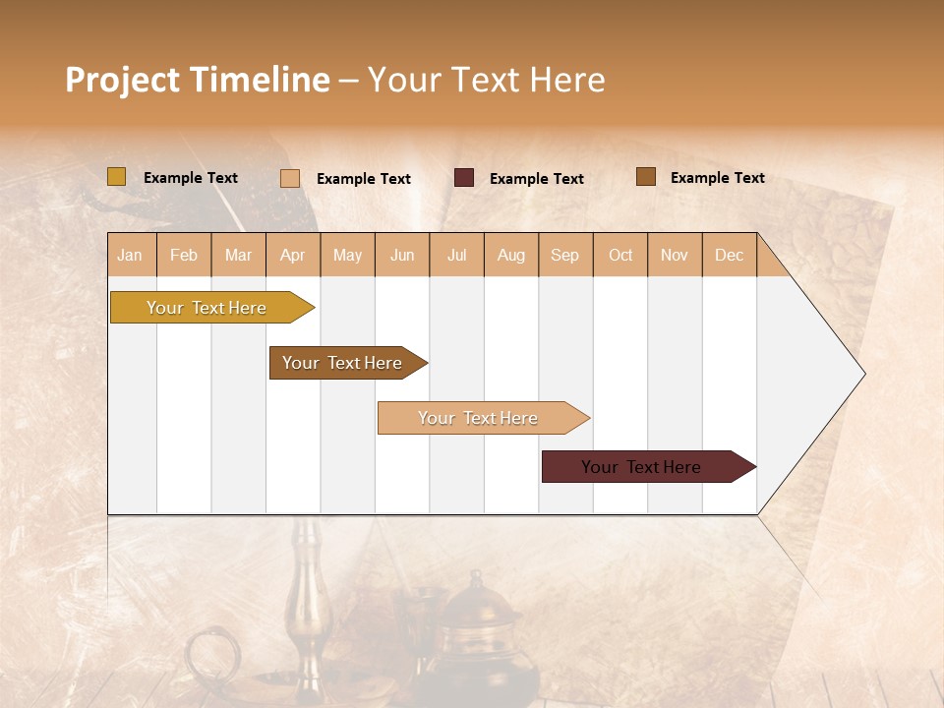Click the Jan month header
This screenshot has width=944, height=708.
click(131, 255)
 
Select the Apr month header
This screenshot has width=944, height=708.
click(293, 255)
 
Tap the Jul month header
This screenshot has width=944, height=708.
click(457, 255)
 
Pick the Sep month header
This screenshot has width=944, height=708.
click(565, 255)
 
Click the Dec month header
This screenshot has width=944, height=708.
click(730, 255)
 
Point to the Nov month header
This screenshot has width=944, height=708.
click(675, 255)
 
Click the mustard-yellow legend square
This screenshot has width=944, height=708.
click(116, 177)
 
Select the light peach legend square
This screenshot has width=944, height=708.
click(290, 178)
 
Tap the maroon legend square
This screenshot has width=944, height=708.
click(464, 178)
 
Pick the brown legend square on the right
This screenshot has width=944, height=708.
click(646, 177)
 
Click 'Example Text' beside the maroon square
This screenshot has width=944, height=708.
click(537, 179)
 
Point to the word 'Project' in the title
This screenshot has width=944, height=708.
click(124, 80)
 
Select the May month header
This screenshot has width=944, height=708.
click(347, 255)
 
